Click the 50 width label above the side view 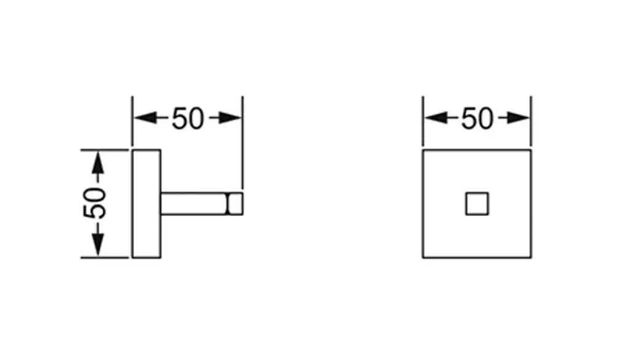tap(187, 118)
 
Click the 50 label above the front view tap(477, 118)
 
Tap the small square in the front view tap(477, 204)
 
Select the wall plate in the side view tap(146, 204)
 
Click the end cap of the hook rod tap(235, 204)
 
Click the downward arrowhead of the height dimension tap(97, 247)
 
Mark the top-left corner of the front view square tap(423, 150)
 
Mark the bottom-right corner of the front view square tap(531, 257)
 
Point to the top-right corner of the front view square tap(531, 150)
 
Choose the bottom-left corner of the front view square tap(423, 257)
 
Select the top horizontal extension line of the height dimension tap(105, 150)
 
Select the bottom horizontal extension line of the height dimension tap(105, 258)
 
